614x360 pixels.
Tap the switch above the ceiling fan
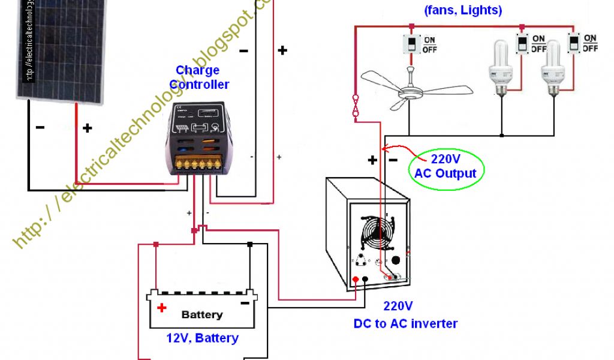pyautogui.click(x=413, y=44)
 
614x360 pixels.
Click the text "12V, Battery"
pyautogui.click(x=202, y=338)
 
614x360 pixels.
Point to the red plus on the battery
pyautogui.click(x=161, y=308)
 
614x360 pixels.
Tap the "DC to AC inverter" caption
pyautogui.click(x=405, y=323)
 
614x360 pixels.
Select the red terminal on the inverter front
pyautogui.click(x=356, y=280)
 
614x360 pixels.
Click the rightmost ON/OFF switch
pyautogui.click(x=574, y=43)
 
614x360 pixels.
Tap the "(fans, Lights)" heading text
pyautogui.click(x=462, y=10)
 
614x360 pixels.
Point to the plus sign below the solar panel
pyautogui.click(x=88, y=128)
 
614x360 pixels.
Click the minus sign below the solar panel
pyautogui.click(x=40, y=128)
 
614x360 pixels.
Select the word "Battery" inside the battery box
pyautogui.click(x=202, y=314)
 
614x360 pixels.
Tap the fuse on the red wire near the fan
pyautogui.click(x=356, y=106)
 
